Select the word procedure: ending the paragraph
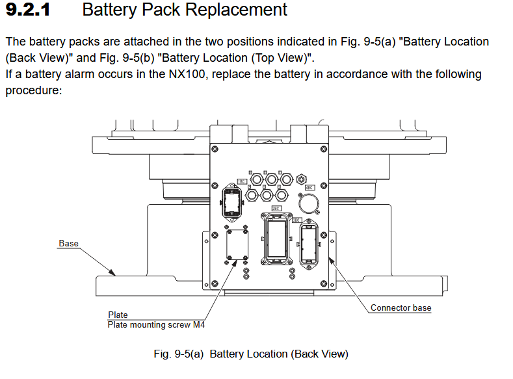click(x=33, y=90)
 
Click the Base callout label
click(x=68, y=244)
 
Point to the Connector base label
click(x=401, y=307)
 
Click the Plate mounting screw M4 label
click(x=155, y=324)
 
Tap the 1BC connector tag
click(x=242, y=181)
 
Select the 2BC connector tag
click(x=276, y=209)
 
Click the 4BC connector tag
click(x=318, y=187)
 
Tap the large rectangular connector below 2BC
click(x=278, y=239)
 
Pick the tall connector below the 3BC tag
click(x=309, y=246)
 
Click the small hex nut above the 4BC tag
click(x=300, y=178)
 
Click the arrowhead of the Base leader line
click(x=115, y=274)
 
